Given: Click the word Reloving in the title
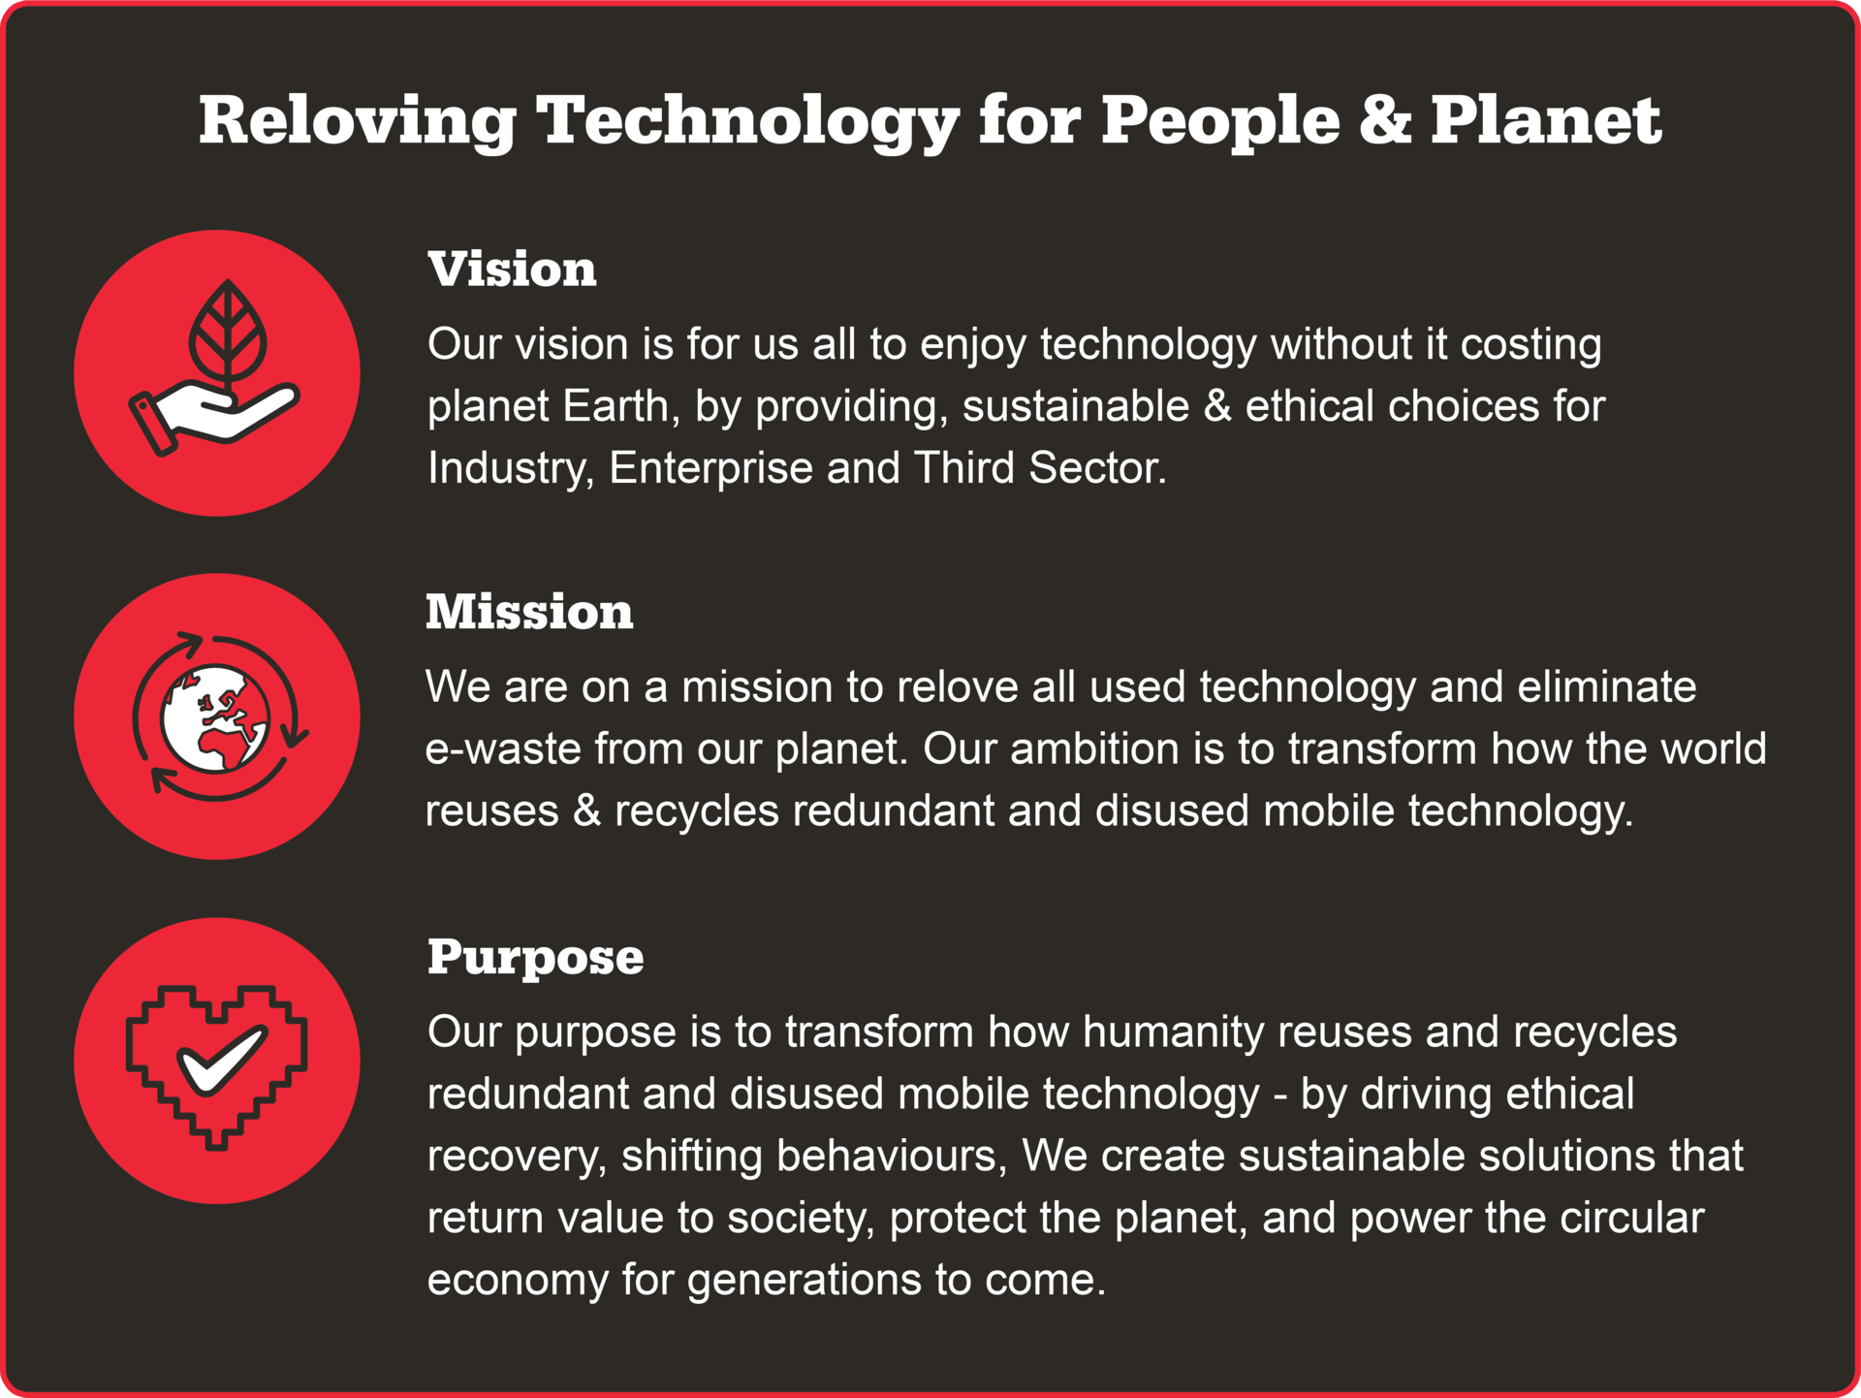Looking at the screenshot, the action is tap(358, 121).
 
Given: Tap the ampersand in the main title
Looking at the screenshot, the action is tap(1385, 120).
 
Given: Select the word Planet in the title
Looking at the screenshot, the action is tap(1546, 120).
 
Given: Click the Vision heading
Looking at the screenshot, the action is tap(512, 269).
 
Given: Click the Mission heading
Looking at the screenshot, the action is tap(529, 612).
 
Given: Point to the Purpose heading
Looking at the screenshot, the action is tap(535, 958).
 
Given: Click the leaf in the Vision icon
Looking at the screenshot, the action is tap(228, 332).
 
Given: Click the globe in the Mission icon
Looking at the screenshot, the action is tap(215, 718).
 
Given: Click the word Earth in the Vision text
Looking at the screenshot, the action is tap(616, 406).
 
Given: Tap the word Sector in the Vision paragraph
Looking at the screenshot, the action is tap(1098, 468).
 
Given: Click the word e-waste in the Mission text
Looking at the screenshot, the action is tap(503, 749).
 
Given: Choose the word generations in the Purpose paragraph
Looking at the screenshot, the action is tap(804, 1281).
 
